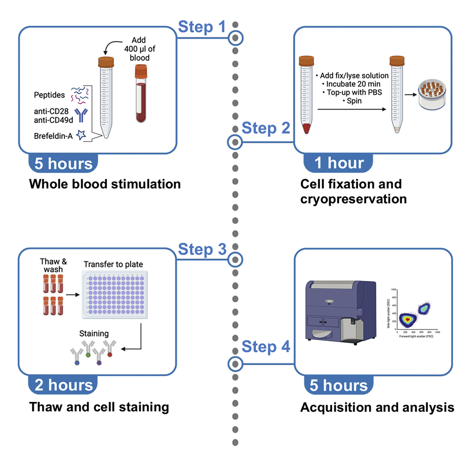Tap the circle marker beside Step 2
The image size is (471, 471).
pos(235,141)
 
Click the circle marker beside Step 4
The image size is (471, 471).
pos(235,364)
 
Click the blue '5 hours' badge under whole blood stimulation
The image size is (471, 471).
pos(63,164)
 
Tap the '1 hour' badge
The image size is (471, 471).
pos(340,163)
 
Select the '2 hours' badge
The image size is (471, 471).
pos(63,385)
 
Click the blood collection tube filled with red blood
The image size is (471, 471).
pos(141,95)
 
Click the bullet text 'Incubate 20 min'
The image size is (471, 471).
pos(349,84)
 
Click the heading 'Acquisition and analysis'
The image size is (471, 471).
pos(377,407)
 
